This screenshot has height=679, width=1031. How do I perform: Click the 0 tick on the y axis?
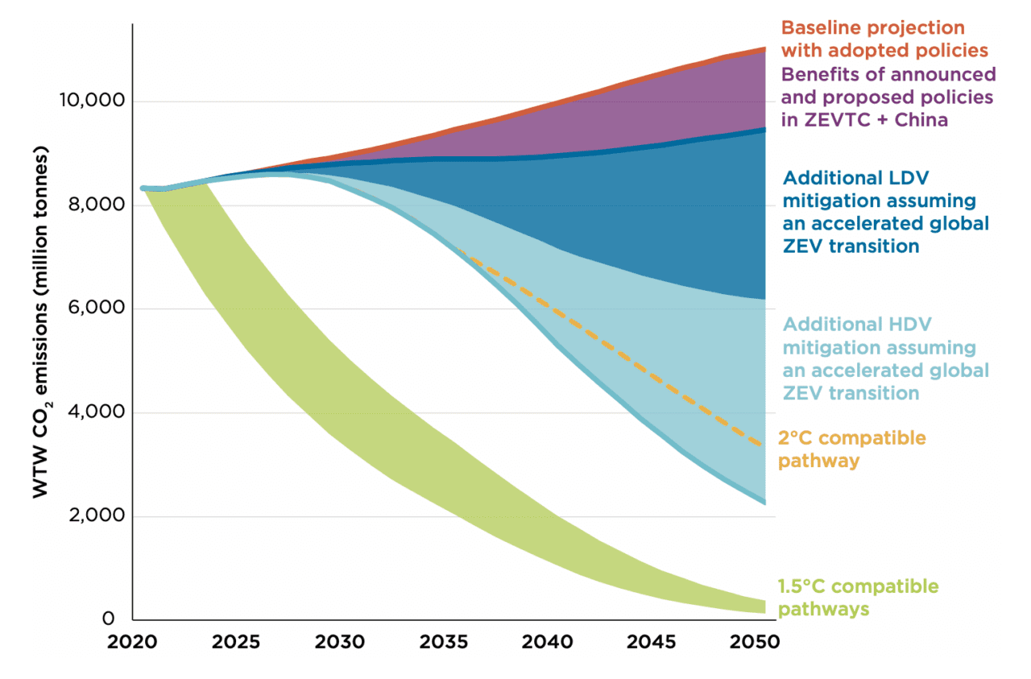[108, 619]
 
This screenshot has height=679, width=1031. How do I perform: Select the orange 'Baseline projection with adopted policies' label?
[884, 39]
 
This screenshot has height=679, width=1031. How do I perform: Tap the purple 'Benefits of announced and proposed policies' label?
[888, 97]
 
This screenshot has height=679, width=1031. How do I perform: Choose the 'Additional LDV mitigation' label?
[885, 211]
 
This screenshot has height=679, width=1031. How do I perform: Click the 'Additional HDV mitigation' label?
[885, 358]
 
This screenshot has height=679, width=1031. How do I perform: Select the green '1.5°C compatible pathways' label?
[857, 597]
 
